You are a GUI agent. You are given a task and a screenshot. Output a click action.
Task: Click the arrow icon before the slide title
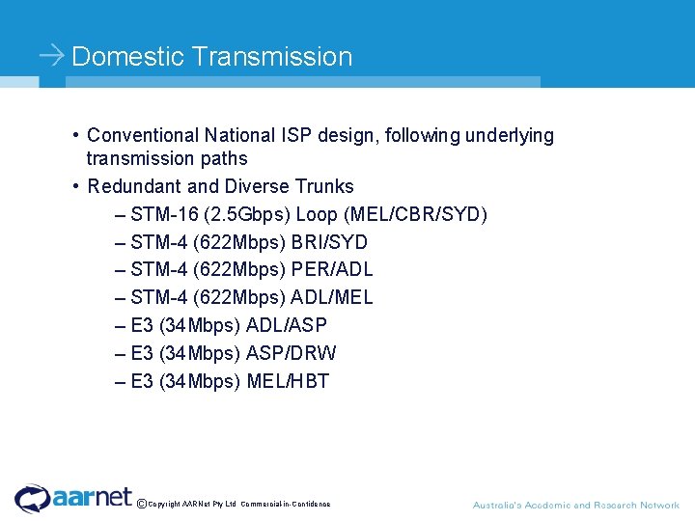(x=52, y=56)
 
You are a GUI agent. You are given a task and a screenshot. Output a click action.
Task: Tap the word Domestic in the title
(x=127, y=56)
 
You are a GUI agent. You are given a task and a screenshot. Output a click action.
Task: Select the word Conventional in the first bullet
(x=143, y=136)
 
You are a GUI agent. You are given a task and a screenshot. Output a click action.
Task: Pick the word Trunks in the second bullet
(x=325, y=186)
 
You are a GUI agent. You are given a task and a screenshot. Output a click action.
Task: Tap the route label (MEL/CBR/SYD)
(x=415, y=214)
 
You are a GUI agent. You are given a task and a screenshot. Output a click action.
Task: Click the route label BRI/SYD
(x=329, y=242)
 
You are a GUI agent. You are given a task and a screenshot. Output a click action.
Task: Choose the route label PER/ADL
(x=332, y=270)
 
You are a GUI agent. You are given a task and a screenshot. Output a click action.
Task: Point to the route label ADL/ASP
(x=287, y=326)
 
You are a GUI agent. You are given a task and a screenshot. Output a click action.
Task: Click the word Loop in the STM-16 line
(x=318, y=214)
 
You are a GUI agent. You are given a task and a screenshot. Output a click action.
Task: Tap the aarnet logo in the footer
(x=73, y=498)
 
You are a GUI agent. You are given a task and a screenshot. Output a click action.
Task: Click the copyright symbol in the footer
(x=142, y=504)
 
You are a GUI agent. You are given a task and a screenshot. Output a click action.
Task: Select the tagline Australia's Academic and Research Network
(x=575, y=506)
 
